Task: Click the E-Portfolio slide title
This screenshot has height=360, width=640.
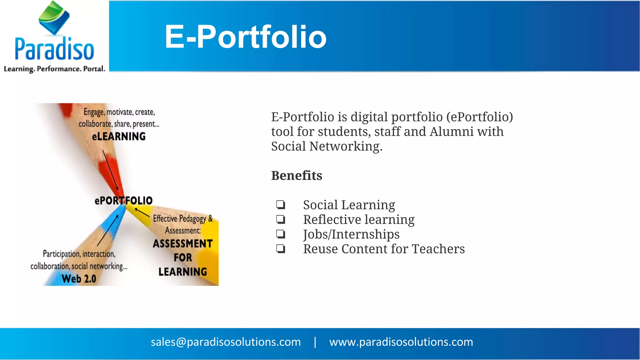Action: (x=246, y=37)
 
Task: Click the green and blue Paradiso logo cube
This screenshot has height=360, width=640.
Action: (x=54, y=17)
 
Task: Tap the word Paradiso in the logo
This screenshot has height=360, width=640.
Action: (x=54, y=49)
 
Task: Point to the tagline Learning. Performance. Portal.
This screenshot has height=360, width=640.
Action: (x=54, y=69)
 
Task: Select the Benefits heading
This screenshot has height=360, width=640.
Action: (x=297, y=176)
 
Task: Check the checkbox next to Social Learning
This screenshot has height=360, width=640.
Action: (x=281, y=205)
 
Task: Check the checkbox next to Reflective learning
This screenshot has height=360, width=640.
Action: (x=281, y=219)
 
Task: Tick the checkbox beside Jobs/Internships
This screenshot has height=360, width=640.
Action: (x=281, y=234)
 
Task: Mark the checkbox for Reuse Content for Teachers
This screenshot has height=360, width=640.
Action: (x=281, y=249)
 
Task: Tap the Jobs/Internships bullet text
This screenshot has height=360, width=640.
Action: (x=351, y=234)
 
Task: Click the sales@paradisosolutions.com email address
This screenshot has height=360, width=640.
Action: (x=226, y=342)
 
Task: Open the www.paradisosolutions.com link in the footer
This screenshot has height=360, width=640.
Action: (x=401, y=342)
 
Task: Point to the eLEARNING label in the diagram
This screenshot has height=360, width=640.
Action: (x=119, y=137)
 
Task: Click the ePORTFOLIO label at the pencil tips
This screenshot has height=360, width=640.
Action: (x=123, y=200)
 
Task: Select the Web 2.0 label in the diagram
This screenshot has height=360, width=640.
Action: (x=79, y=278)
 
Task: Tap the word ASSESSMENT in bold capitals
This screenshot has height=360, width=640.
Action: (x=183, y=243)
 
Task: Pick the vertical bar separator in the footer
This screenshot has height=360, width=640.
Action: (x=315, y=342)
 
